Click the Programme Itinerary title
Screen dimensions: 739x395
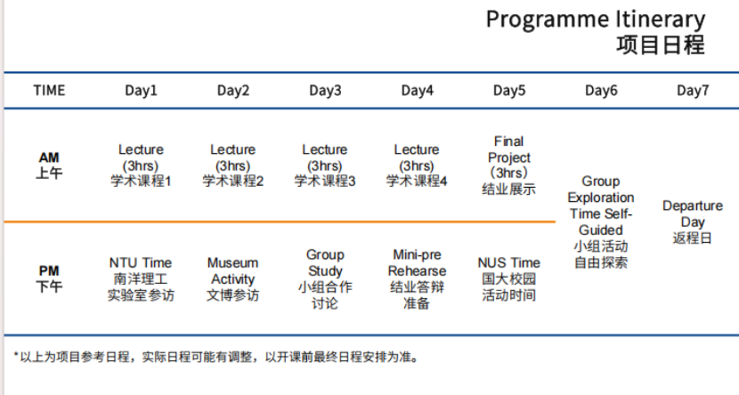[596, 20]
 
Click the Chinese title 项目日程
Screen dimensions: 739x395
[661, 45]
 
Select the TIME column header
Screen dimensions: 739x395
[49, 90]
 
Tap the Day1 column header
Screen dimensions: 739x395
[141, 90]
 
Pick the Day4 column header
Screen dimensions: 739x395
[417, 90]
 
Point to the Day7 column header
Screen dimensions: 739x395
[693, 90]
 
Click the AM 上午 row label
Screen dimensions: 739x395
[49, 165]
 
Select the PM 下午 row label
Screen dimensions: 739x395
[49, 278]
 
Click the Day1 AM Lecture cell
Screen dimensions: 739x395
[141, 165]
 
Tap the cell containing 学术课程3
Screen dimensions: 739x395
[325, 165]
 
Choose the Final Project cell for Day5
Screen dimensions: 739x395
[509, 165]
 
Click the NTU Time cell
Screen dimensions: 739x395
[141, 278]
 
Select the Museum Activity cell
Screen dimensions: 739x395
[232, 278]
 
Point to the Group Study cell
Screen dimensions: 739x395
[325, 278]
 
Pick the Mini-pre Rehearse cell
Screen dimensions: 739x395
[417, 278]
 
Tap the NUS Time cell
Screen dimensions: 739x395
[509, 278]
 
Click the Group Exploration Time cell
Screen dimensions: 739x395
[601, 222]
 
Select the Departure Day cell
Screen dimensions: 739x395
[693, 222]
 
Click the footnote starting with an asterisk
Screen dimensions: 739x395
[216, 357]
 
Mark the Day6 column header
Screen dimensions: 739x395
[601, 90]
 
